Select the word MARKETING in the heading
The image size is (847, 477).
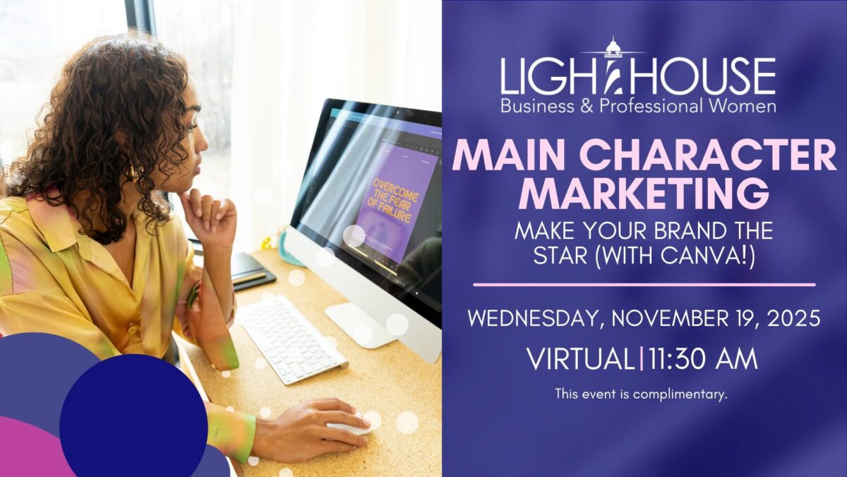pos(643,192)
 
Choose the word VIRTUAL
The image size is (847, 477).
pos(580,359)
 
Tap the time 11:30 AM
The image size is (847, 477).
pos(702,359)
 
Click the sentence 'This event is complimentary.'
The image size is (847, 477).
pos(641,394)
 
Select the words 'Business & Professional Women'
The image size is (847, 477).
pos(638,107)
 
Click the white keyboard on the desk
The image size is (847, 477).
pos(291,338)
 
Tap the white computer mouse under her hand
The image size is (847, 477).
pos(351,427)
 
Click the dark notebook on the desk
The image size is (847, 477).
pos(251,271)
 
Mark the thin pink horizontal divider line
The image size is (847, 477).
pos(644,285)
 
